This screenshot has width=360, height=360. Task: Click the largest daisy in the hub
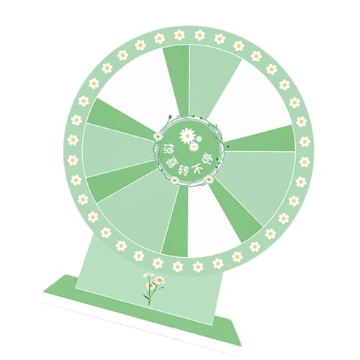point(187,134)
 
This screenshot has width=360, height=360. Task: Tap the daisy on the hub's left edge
point(157,135)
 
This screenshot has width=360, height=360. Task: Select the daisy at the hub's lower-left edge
point(175,180)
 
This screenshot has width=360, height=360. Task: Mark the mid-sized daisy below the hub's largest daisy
point(194,147)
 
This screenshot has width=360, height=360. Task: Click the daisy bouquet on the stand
point(152,286)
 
